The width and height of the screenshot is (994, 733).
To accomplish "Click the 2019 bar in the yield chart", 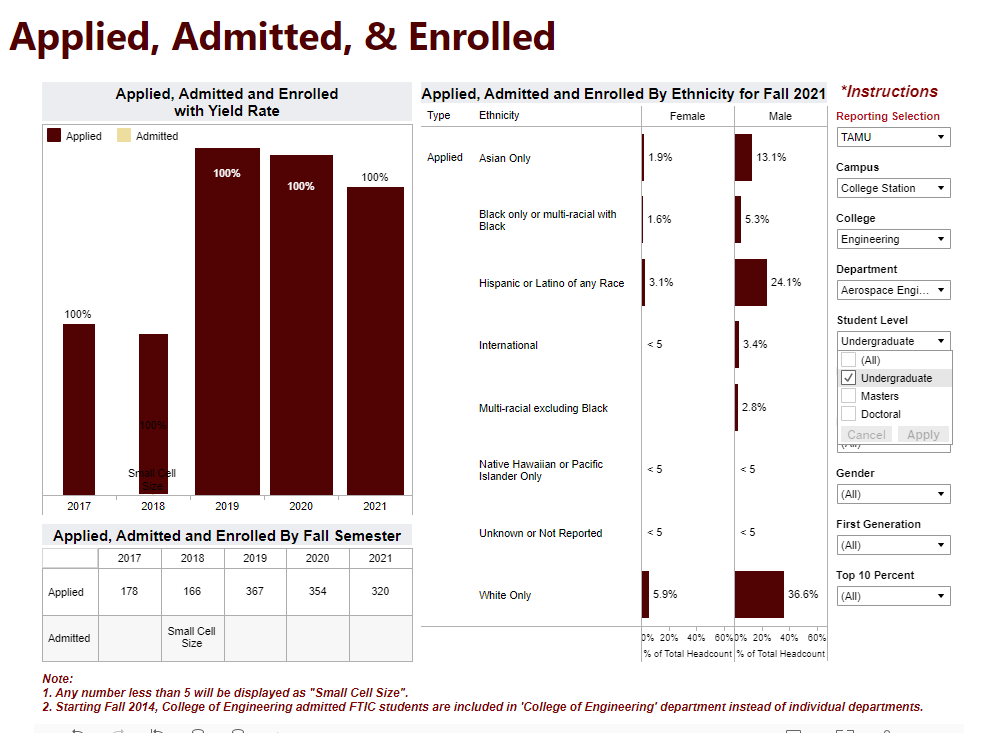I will (227, 320).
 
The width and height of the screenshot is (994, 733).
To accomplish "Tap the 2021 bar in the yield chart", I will (375, 340).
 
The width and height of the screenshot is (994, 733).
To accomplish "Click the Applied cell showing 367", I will (255, 592).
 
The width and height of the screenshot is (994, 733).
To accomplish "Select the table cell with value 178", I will (129, 592).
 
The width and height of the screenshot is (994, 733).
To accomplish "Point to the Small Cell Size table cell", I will (192, 638).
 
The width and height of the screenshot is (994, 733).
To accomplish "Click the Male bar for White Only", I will (759, 594).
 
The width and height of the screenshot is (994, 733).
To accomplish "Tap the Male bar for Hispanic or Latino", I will (750, 282).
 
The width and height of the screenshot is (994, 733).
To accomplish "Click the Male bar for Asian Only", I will (743, 157).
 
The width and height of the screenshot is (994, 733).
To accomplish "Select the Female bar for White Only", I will (646, 594).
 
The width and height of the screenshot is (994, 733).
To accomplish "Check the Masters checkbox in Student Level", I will (849, 396).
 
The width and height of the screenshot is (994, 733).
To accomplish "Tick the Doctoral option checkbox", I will (849, 414).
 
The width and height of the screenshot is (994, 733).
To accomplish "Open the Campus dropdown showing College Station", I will (893, 188).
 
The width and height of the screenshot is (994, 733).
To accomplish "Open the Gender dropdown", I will (893, 494).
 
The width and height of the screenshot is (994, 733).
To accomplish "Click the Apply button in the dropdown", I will (922, 435).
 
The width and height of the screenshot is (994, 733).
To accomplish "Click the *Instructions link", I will (889, 92).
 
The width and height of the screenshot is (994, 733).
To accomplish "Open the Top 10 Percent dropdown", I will (893, 596).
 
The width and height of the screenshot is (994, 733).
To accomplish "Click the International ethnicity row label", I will (508, 345).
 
